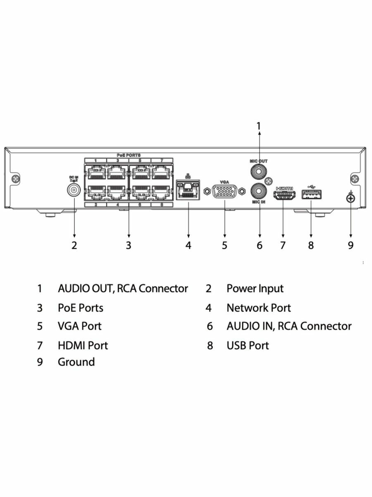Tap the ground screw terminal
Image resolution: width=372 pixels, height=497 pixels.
[x=351, y=199]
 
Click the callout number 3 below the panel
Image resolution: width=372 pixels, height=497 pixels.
[x=129, y=245]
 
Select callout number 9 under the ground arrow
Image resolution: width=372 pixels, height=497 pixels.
[x=351, y=245]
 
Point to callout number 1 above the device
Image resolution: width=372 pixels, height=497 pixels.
[x=259, y=126]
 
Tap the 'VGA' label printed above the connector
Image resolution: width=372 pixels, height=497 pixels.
[x=224, y=181]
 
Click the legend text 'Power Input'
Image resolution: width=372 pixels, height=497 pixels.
[x=255, y=289]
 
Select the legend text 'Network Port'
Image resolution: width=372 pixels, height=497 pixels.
[x=258, y=308]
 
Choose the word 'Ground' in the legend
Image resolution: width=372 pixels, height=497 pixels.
[x=76, y=362]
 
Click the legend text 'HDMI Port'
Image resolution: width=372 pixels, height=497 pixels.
[x=83, y=345]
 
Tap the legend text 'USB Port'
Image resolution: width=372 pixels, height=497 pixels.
[x=248, y=345]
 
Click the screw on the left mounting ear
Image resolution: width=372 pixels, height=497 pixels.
[x=16, y=179]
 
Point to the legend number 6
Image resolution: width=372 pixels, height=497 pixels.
[x=210, y=326]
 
